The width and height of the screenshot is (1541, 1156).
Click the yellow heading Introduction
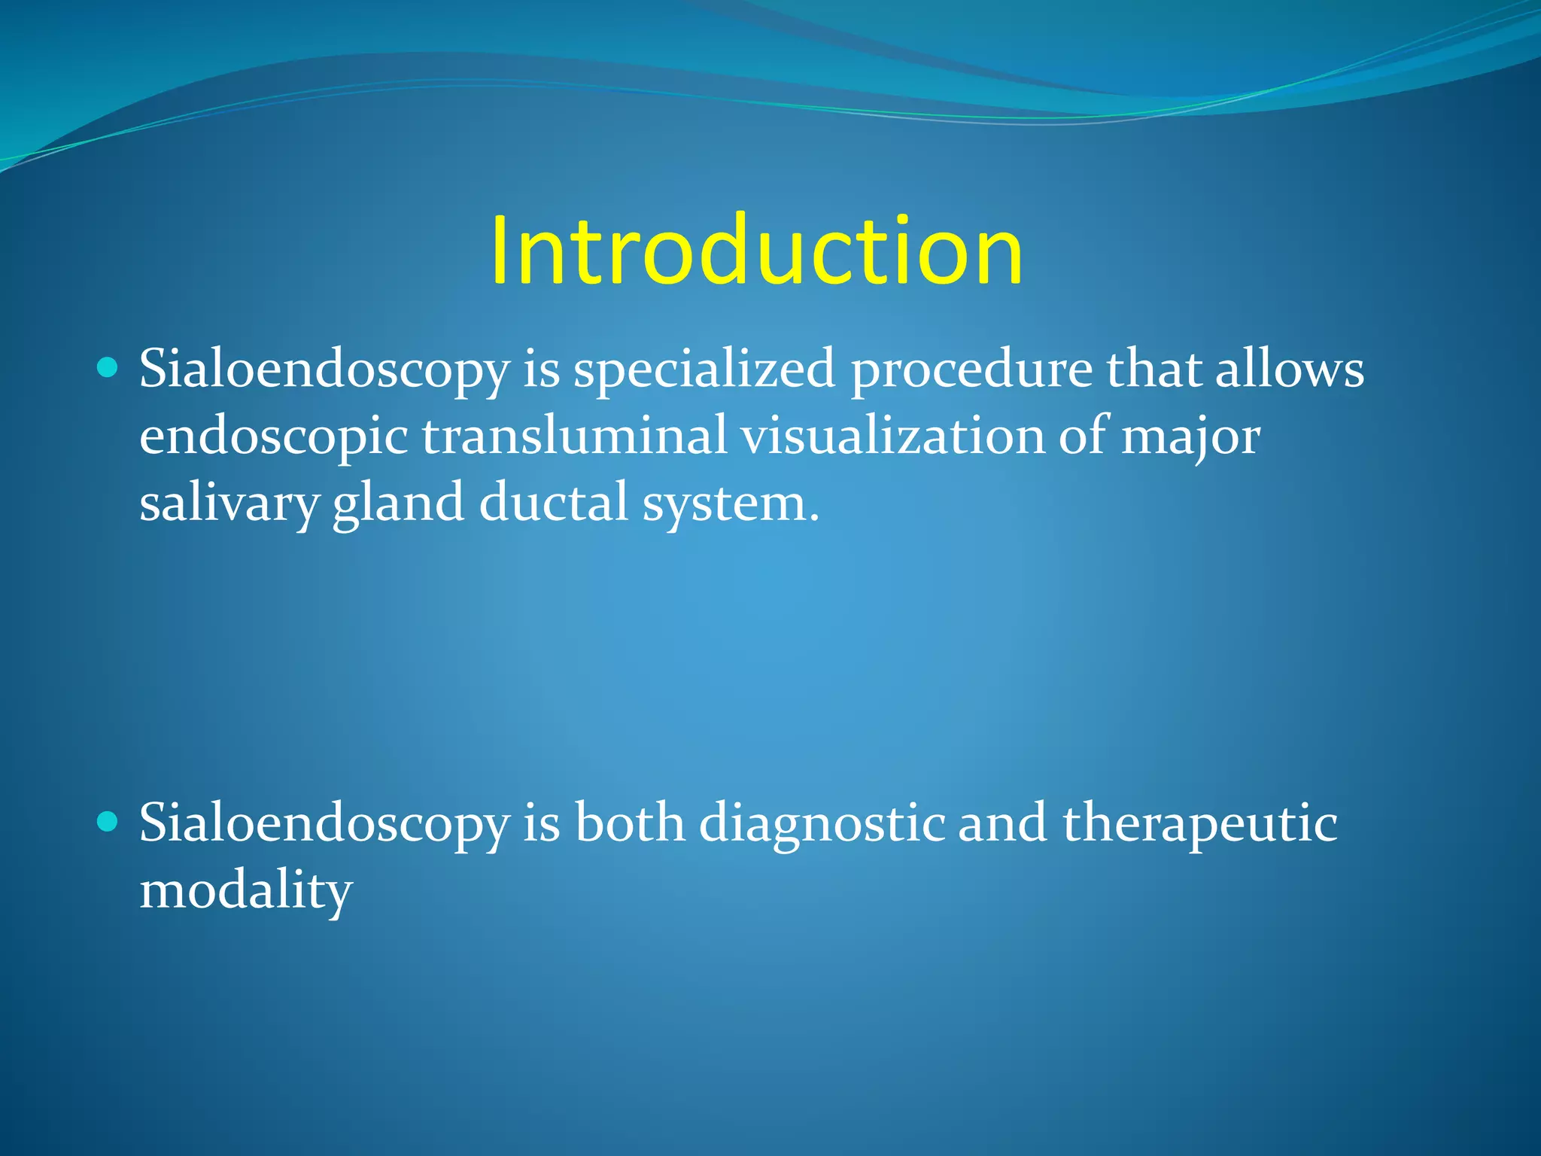point(756,251)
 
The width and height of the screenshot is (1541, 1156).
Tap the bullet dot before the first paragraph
point(108,368)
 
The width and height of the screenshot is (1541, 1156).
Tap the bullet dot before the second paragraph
point(108,822)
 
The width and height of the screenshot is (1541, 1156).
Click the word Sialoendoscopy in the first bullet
point(324,370)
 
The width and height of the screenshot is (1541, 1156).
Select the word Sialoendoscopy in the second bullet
point(324,824)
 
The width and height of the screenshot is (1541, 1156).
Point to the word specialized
point(704,370)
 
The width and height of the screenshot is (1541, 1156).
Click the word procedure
point(971,370)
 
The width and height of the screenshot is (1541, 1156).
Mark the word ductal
point(553,502)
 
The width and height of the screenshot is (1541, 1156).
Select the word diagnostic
point(822,824)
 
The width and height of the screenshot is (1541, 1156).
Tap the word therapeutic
point(1199,824)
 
